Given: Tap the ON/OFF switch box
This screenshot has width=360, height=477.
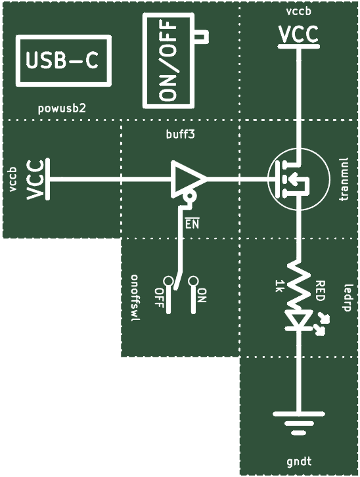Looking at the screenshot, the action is (x=145, y=61).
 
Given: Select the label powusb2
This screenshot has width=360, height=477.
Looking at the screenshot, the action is (x=62, y=108).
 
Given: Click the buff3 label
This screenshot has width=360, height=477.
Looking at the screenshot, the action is (x=180, y=134).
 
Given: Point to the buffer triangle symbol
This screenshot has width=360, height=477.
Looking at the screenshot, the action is (x=188, y=179).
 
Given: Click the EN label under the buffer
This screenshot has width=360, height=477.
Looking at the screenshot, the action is (x=192, y=223).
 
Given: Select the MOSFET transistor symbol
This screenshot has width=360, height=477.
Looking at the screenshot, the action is (x=299, y=178).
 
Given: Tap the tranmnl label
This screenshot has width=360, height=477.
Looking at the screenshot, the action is (x=344, y=179).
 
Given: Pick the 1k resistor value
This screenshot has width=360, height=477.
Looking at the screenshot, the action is (x=279, y=286).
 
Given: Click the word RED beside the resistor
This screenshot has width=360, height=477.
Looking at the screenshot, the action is (x=321, y=291).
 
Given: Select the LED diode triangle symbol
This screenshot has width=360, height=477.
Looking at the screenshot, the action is (x=299, y=319).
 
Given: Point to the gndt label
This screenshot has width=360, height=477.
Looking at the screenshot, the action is (x=299, y=461).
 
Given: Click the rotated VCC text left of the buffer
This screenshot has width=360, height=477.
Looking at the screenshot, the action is (x=34, y=180).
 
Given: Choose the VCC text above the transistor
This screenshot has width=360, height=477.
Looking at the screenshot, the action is (x=299, y=34).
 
